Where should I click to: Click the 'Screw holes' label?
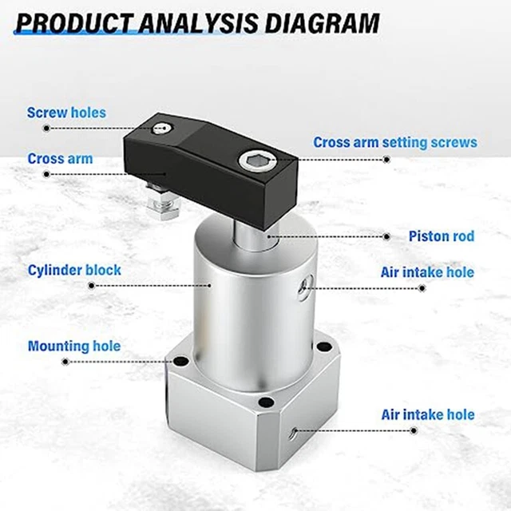(x=66, y=113)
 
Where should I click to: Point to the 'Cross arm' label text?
(x=60, y=159)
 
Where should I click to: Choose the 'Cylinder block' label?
(x=74, y=270)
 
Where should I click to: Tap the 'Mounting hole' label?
(x=74, y=347)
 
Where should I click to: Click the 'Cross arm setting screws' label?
(x=394, y=143)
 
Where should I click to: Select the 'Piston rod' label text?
(x=441, y=236)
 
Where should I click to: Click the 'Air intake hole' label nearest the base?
(x=427, y=414)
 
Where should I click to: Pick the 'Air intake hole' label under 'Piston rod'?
(x=427, y=272)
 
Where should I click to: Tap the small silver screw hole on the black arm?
(x=164, y=126)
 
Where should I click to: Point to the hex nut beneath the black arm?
(x=160, y=210)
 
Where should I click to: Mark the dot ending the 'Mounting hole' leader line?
(x=65, y=362)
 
